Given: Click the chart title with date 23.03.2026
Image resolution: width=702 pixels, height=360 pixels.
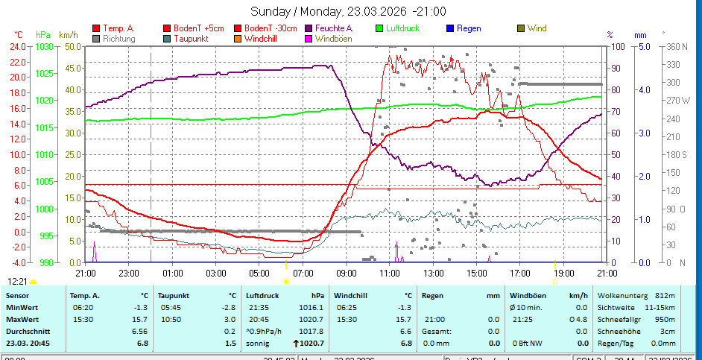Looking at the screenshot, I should [x=348, y=11].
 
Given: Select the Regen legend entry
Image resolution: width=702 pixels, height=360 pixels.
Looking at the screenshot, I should [x=469, y=28].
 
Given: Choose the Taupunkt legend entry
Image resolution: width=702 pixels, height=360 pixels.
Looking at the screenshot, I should [x=191, y=38].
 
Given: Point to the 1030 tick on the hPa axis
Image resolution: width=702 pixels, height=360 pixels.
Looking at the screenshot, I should [x=45, y=46].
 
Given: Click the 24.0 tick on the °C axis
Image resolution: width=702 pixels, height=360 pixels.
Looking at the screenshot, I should [x=18, y=46].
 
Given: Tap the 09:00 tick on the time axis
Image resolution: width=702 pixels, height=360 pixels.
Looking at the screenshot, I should [x=347, y=274].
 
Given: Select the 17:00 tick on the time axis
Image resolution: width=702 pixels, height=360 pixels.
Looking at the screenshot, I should [x=520, y=274].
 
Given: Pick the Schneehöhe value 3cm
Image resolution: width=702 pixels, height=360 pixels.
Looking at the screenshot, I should [x=668, y=331].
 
